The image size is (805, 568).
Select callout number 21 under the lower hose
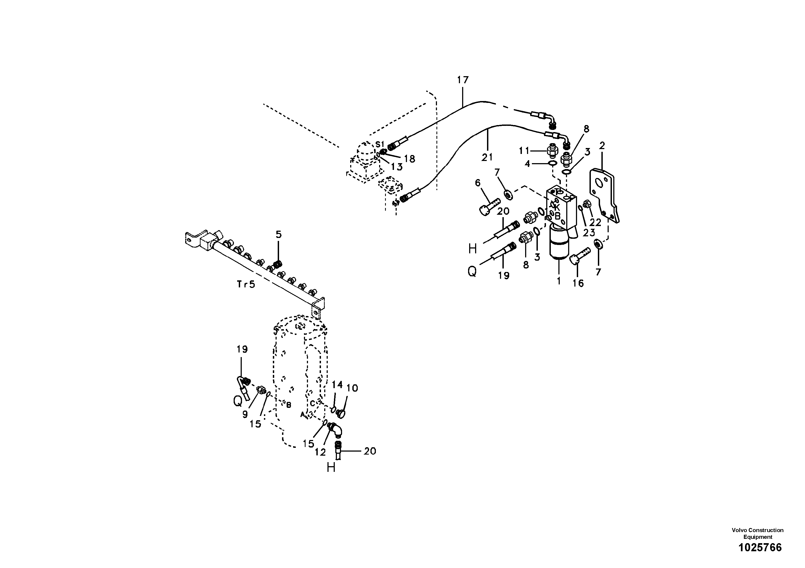487,157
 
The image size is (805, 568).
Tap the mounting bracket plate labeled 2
604,196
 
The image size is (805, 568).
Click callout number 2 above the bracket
602,146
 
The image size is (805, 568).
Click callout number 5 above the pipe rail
279,234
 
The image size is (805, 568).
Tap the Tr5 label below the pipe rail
246,284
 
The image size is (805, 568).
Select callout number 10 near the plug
352,388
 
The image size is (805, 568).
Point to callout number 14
337,385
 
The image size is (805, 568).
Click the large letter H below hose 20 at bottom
331,467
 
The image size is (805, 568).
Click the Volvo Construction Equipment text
757,533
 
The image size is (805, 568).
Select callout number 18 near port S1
409,159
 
